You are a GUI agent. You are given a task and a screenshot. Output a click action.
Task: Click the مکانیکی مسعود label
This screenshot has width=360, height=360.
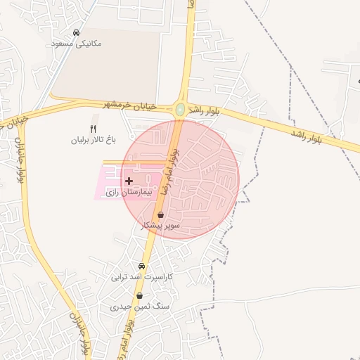pyautogui.click(x=77, y=44)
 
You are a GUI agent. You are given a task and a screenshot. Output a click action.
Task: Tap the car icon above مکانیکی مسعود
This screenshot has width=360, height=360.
pyautogui.click(x=76, y=32)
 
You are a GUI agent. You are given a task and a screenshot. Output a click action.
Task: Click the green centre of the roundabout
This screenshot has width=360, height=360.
pyautogui.click(x=181, y=109)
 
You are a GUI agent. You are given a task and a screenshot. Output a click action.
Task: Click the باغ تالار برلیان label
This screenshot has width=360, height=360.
pyautogui.click(x=92, y=140)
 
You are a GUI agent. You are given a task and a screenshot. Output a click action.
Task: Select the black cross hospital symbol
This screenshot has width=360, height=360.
pyautogui.click(x=129, y=181)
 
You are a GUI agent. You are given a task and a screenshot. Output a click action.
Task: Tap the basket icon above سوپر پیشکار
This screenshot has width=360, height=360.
pyautogui.click(x=161, y=215)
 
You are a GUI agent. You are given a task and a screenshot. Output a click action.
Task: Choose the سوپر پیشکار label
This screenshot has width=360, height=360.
pyautogui.click(x=162, y=226)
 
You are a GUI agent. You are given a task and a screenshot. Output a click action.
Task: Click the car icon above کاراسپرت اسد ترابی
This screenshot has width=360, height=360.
pyautogui.click(x=141, y=266)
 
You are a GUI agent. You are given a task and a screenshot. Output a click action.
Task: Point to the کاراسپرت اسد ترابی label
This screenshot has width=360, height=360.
pyautogui.click(x=141, y=277)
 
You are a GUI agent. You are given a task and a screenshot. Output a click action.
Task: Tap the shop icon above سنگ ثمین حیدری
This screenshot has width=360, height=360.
pyautogui.click(x=139, y=296)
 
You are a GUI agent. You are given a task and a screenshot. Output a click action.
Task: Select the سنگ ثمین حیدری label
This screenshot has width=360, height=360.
pyautogui.click(x=139, y=307)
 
